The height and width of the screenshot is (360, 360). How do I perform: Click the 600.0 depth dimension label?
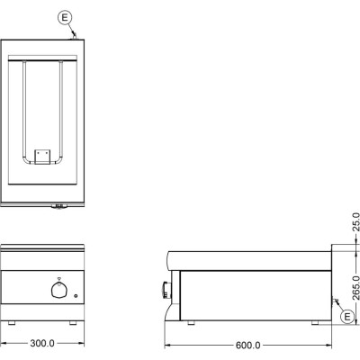[x=247, y=346]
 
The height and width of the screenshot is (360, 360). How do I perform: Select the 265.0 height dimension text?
[x=355, y=288]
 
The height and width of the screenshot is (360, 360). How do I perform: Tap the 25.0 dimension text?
[x=355, y=221]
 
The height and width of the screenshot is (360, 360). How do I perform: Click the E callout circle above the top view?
[x=65, y=18]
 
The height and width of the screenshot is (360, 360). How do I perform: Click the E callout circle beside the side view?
[x=347, y=317]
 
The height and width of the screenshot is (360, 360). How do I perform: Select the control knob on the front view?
[x=58, y=290]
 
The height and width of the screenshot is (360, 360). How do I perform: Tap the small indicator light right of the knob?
[x=76, y=296]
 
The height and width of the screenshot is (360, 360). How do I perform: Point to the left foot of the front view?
[x=12, y=323]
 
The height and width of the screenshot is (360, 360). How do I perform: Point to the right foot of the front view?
[x=73, y=323]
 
